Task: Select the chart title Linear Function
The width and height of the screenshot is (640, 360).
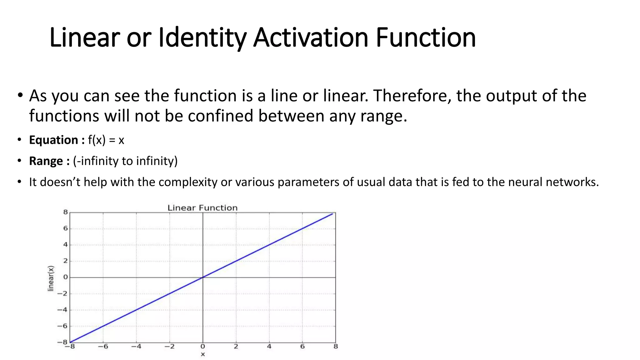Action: point(202,208)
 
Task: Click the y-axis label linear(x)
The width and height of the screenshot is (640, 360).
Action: point(51,278)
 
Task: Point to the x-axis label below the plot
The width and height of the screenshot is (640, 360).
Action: point(203,354)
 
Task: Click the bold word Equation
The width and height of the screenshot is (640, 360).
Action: point(53,140)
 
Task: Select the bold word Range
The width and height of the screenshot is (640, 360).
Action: point(46,161)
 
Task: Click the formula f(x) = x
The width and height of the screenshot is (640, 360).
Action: point(106,140)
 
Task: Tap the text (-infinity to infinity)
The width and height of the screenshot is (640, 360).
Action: point(125,161)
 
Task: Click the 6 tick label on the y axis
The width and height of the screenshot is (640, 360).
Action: point(65,228)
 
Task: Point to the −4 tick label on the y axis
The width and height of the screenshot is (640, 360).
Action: point(62,310)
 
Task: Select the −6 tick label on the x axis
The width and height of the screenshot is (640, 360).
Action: point(103,347)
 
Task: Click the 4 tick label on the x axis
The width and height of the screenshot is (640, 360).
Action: point(269,347)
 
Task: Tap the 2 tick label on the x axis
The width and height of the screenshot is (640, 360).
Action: point(236,347)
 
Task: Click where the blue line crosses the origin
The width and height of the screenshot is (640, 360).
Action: point(203,277)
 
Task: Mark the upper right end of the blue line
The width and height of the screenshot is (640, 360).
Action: point(332,214)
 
